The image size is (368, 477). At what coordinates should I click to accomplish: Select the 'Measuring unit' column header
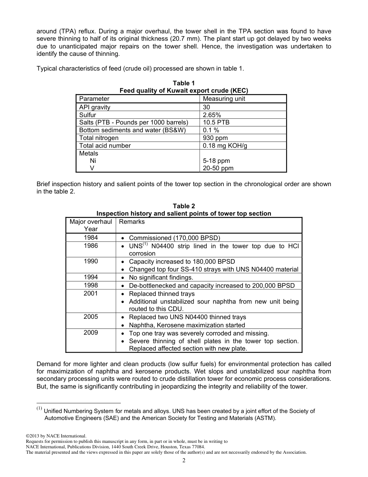click(x=224, y=99)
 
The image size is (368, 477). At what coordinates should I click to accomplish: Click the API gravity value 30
click(x=207, y=107)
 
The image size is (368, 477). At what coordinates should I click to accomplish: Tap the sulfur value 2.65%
click(x=212, y=115)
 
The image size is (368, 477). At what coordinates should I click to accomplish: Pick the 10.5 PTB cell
click(x=216, y=122)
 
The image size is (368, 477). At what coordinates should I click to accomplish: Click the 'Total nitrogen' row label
click(x=99, y=138)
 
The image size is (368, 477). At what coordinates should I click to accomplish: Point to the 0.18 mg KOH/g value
click(x=225, y=145)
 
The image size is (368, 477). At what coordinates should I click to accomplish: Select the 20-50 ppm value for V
click(x=218, y=168)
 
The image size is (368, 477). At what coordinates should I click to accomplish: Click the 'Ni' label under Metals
click(x=93, y=161)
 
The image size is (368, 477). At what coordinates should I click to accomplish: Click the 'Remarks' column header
click(x=132, y=221)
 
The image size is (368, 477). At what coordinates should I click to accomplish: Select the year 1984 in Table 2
click(x=91, y=237)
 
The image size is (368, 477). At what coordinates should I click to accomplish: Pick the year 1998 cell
click(x=91, y=285)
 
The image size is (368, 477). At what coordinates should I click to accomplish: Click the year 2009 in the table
click(x=91, y=333)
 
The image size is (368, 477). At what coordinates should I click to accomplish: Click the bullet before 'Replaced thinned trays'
click(x=122, y=294)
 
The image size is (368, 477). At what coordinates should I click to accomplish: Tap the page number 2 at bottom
click(x=184, y=460)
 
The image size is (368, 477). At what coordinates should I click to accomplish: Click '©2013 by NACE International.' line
click(x=56, y=436)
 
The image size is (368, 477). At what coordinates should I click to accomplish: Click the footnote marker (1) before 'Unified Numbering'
click(x=39, y=408)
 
